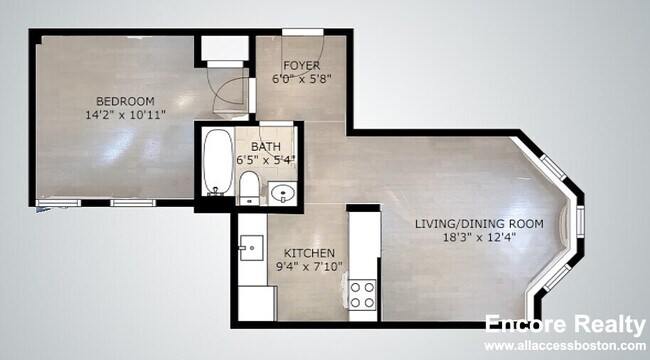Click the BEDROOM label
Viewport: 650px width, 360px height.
point(125,101)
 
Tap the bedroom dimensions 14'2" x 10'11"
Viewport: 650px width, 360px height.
point(125,116)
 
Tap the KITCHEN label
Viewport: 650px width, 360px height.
point(309,253)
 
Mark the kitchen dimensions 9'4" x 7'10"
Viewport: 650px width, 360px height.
point(309,267)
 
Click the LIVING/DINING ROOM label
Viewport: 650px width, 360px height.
point(479,224)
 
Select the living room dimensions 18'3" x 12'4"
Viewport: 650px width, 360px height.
point(479,238)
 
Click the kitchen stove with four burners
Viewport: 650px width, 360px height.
point(362,294)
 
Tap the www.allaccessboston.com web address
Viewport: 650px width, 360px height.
point(563,345)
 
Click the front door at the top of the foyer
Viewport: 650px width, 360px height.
point(301,37)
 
